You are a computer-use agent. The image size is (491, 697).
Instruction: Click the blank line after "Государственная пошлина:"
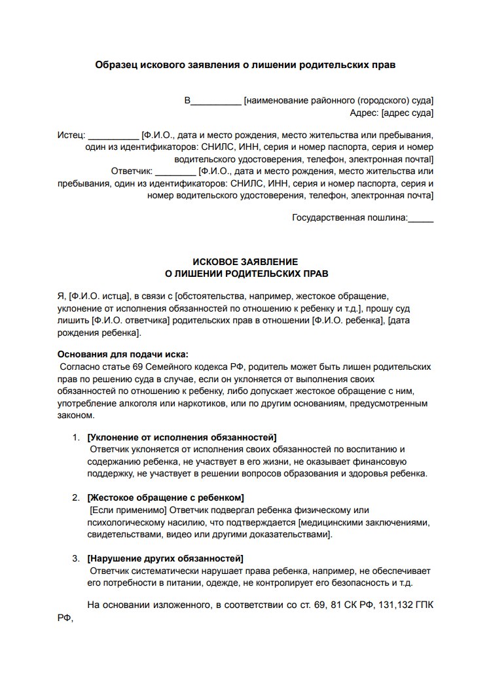(x=420, y=219)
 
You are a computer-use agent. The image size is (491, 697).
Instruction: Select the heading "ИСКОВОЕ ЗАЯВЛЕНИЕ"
(x=245, y=261)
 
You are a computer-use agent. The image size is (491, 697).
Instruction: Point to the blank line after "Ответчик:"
(x=177, y=172)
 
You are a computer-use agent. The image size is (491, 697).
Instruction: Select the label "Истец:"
(x=71, y=135)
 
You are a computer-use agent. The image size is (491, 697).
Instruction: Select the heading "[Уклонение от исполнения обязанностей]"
(x=181, y=437)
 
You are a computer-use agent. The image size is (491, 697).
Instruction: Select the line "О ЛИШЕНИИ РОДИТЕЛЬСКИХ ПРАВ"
(x=245, y=273)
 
